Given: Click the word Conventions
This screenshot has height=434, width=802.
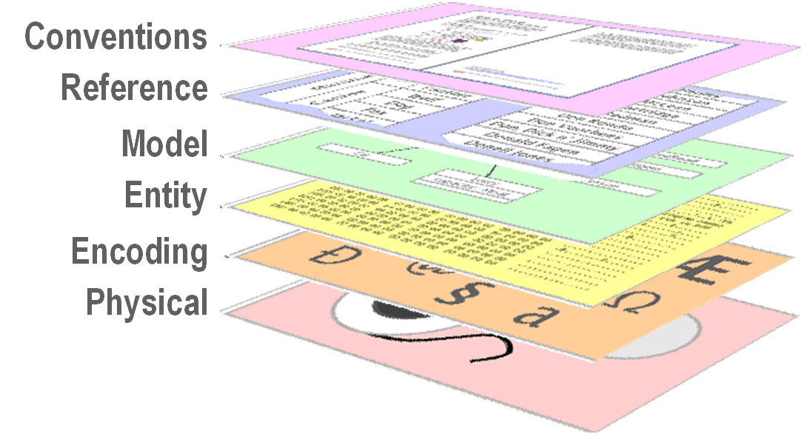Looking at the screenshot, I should click(x=116, y=37).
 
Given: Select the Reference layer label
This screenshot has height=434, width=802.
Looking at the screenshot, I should click(x=134, y=88).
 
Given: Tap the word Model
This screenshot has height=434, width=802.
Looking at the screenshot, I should click(x=164, y=144).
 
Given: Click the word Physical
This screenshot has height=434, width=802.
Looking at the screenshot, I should click(x=147, y=303).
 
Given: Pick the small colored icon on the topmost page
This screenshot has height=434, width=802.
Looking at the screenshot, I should click(x=462, y=37).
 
